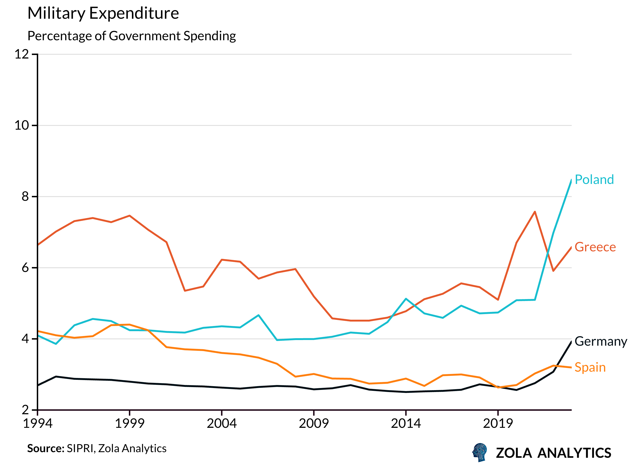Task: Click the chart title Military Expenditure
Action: (103, 13)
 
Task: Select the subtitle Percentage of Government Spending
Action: (132, 36)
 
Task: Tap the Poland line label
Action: (594, 180)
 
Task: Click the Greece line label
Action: (595, 247)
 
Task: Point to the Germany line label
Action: (601, 341)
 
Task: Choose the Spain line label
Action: (590, 367)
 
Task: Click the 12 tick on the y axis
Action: (22, 54)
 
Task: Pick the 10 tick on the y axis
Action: (22, 125)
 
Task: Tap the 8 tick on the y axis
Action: (25, 196)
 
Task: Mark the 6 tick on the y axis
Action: (25, 268)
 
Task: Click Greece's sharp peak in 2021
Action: (535, 212)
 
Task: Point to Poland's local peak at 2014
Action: (406, 299)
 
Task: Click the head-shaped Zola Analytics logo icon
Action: (480, 452)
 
